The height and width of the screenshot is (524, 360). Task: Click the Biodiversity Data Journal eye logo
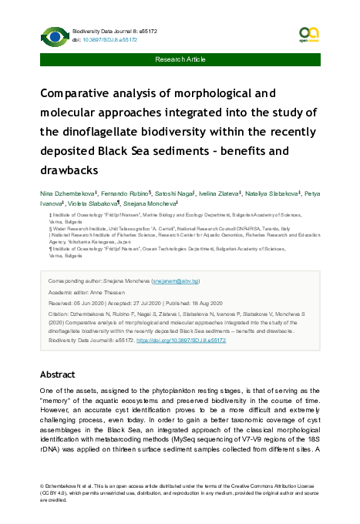tap(54, 35)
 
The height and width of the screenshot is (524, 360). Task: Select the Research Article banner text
tap(180, 59)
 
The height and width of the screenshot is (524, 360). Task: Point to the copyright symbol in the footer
tap(42, 488)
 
